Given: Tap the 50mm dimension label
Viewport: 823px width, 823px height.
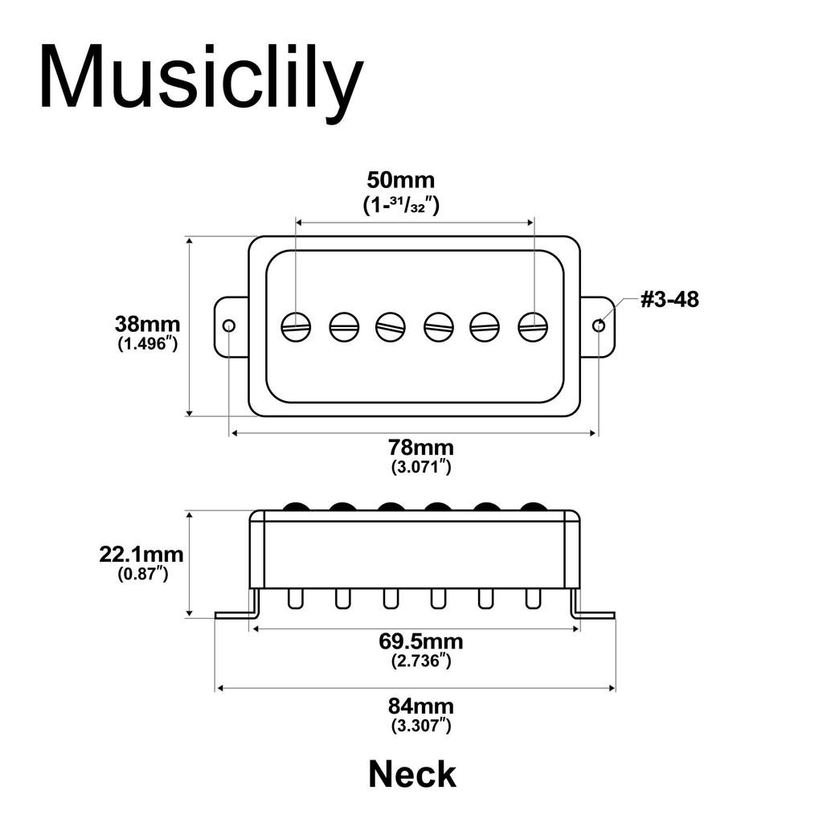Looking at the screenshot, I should pyautogui.click(x=400, y=179).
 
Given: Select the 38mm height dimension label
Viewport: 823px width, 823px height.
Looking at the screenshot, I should pyautogui.click(x=147, y=325).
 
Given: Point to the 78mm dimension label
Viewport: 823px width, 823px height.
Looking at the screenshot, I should pyautogui.click(x=420, y=448).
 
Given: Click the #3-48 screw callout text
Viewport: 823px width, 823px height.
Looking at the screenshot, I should pyautogui.click(x=669, y=301).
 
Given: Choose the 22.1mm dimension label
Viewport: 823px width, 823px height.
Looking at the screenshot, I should pyautogui.click(x=141, y=555).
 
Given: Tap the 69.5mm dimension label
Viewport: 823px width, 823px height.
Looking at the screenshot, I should pyautogui.click(x=420, y=642).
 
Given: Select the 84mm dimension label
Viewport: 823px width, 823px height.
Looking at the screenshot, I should pyautogui.click(x=420, y=707).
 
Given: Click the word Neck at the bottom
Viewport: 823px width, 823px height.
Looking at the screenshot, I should pyautogui.click(x=412, y=775).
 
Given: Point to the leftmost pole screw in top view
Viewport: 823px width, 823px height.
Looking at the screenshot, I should pyautogui.click(x=296, y=326).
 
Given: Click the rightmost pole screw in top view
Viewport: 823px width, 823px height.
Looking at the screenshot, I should pyautogui.click(x=533, y=326).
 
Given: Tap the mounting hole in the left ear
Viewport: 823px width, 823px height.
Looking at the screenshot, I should pyautogui.click(x=229, y=326).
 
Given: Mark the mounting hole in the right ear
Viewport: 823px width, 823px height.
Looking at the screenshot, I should pyautogui.click(x=598, y=326).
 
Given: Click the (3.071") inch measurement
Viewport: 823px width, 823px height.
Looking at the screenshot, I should pyautogui.click(x=420, y=466).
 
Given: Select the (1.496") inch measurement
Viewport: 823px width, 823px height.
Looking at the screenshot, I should pyautogui.click(x=147, y=344).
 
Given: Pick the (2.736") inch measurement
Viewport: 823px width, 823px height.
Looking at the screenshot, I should pyautogui.click(x=420, y=661).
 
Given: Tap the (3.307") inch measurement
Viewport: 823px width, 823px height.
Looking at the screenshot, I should pyautogui.click(x=420, y=726).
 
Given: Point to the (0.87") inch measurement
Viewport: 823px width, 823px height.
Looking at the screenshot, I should pyautogui.click(x=141, y=574).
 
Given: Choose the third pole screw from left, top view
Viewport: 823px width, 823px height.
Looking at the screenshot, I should pyautogui.click(x=391, y=326).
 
